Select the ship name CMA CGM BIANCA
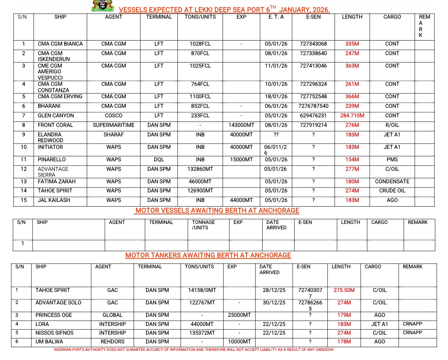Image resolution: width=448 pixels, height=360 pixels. coord(60,44)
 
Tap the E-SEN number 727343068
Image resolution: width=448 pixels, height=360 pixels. coord(313,44)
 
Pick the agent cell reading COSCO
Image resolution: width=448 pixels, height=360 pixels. coord(114,116)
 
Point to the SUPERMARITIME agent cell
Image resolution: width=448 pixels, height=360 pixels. coord(114,125)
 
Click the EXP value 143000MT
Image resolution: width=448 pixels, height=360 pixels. coord(241,125)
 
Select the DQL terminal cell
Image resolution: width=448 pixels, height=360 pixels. coord(159,160)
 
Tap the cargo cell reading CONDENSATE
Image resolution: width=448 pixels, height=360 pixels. coord(392,182)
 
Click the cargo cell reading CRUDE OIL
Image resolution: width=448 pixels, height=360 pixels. coord(392,191)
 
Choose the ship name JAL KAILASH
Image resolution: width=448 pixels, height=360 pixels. coord(54,200)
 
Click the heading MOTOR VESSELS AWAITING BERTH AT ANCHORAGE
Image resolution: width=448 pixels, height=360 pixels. coord(217,211)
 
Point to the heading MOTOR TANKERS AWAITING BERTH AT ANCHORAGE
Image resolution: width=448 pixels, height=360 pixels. coord(208,255)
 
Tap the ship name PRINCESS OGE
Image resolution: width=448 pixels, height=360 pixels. coord(54,315)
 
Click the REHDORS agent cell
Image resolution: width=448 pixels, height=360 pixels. coord(112,342)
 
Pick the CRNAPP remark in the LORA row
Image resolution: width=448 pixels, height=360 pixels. coord(412,324)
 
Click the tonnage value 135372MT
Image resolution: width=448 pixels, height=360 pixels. coord(201,333)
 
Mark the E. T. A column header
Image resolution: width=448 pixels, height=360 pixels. coord(274,17)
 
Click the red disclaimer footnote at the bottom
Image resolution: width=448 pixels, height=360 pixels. coord(194,350)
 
